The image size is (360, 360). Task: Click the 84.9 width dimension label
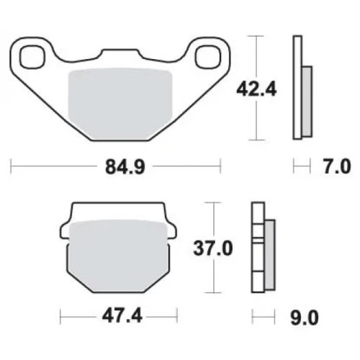click(x=125, y=166)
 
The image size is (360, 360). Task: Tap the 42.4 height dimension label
click(x=256, y=89)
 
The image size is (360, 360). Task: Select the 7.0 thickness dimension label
click(x=337, y=166)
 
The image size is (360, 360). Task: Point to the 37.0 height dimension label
click(x=213, y=248)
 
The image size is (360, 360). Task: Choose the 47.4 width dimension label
click(x=122, y=316)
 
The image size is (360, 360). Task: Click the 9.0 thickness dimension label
click(x=305, y=318)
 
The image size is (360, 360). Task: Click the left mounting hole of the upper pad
click(x=32, y=57)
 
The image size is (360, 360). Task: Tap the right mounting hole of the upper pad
click(x=207, y=57)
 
